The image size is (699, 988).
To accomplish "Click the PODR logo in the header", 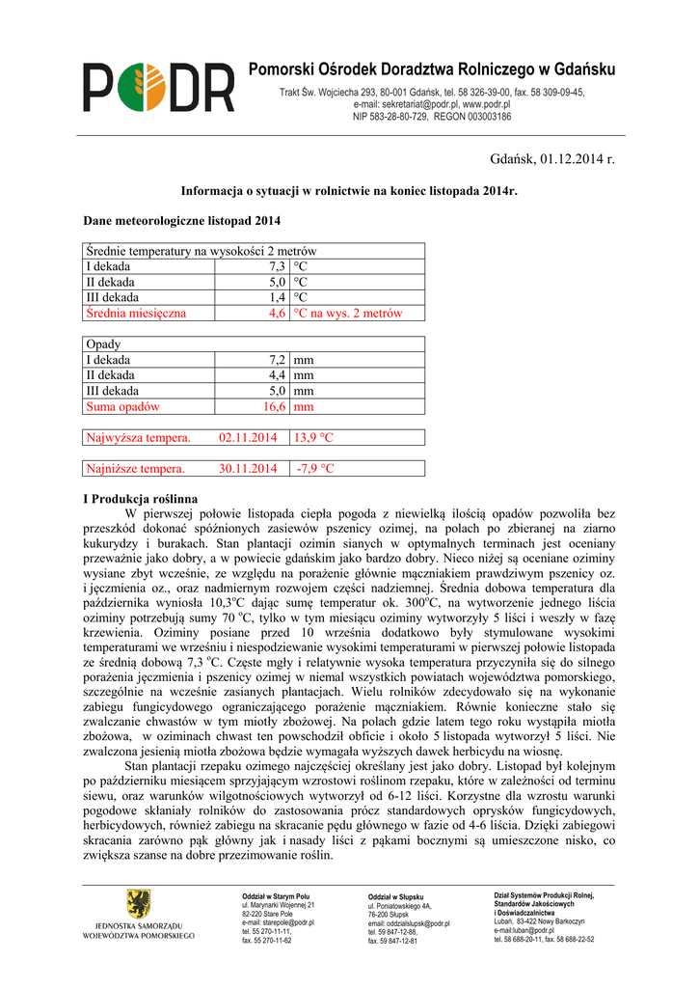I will tap(158, 88).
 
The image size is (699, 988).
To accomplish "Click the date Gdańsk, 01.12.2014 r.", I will tap(551, 158).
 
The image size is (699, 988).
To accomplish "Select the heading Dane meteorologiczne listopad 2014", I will tap(182, 221).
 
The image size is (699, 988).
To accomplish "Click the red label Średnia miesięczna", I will tap(136, 313).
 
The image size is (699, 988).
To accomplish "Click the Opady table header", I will tap(103, 343).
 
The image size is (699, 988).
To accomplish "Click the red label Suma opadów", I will tap(122, 406).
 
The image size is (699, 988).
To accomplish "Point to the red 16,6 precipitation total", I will tap(274, 406).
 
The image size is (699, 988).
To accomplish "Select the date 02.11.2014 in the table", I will tap(248, 437).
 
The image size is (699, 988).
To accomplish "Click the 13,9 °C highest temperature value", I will tap(314, 437).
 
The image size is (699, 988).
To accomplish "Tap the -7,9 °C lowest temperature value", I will tap(315, 469).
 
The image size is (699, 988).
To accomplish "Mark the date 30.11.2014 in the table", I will tap(248, 469).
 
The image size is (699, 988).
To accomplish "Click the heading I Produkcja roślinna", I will tap(141, 499).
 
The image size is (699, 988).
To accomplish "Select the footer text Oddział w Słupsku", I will tap(395, 897).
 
